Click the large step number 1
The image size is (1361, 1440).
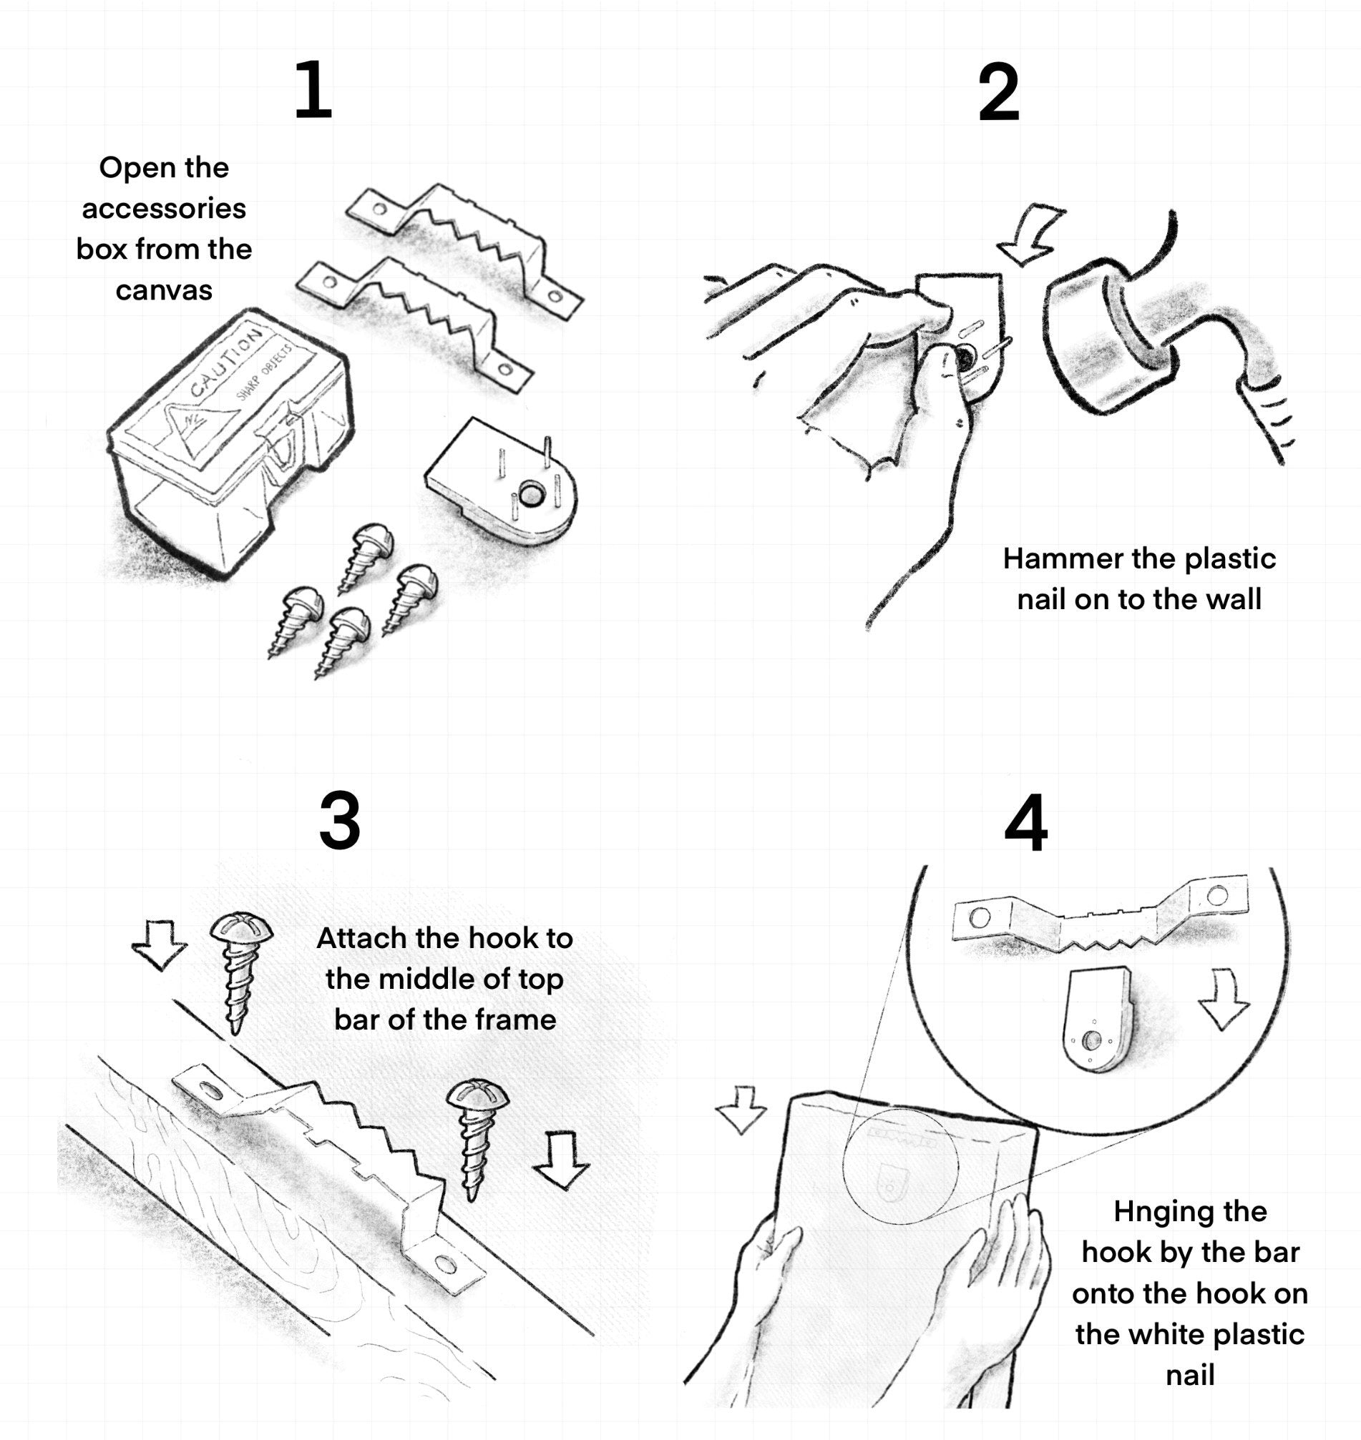(x=313, y=91)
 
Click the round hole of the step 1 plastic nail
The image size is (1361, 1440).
(x=531, y=495)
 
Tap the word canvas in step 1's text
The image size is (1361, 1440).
(x=164, y=291)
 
